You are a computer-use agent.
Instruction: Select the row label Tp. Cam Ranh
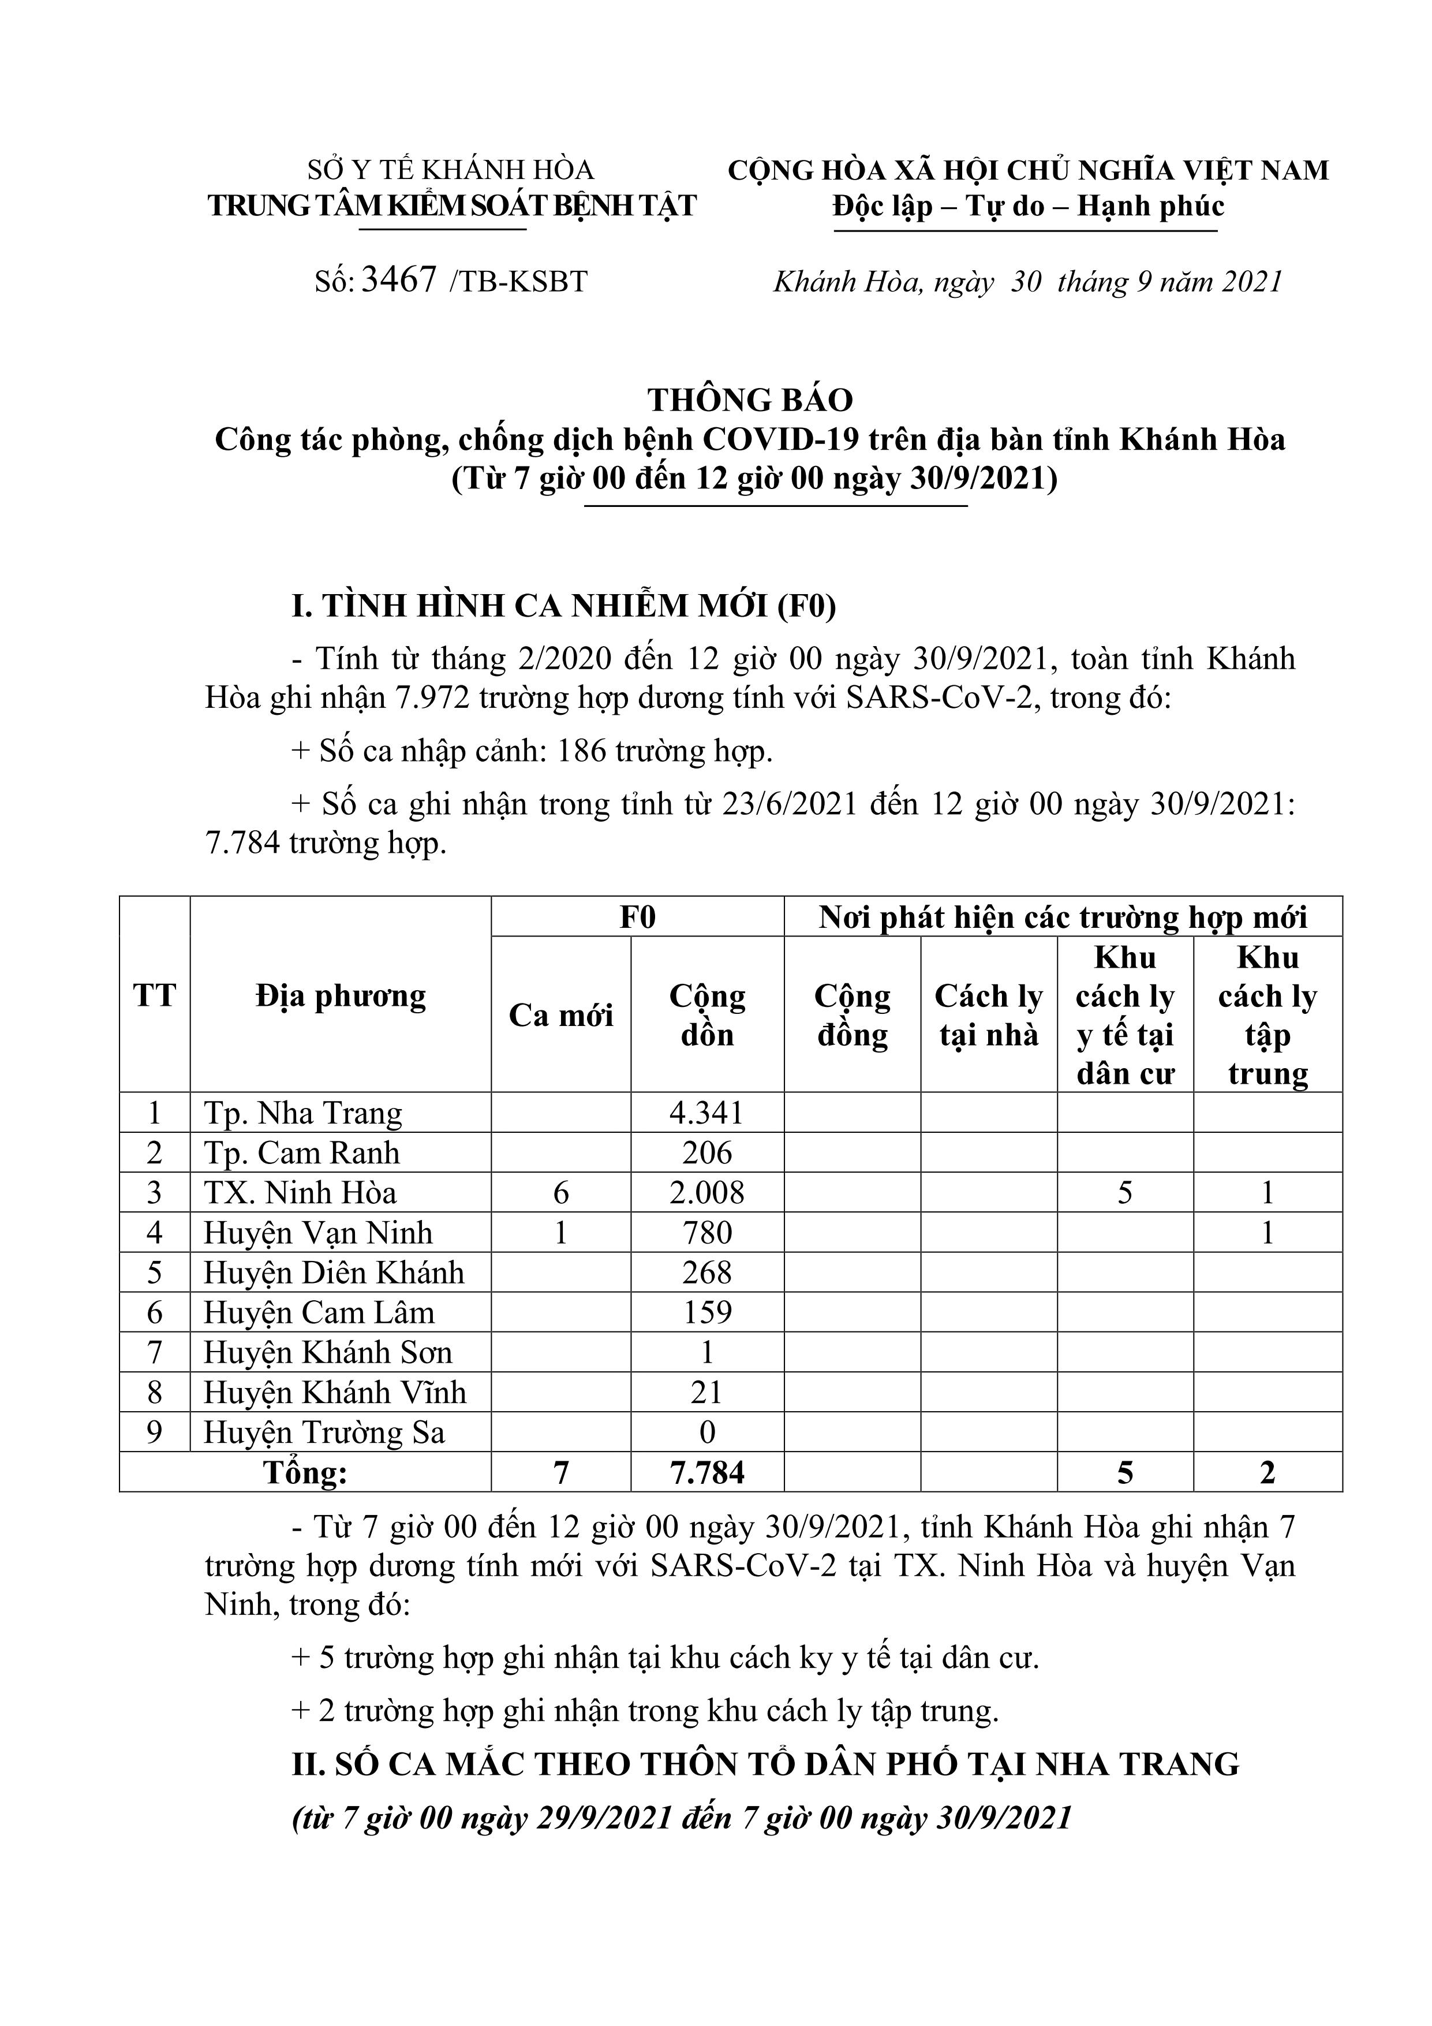point(302,1152)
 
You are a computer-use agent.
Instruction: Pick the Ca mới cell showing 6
point(561,1193)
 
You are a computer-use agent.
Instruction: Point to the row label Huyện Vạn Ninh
point(319,1233)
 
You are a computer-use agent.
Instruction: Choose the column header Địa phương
point(341,996)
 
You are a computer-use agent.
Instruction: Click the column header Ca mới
point(561,1015)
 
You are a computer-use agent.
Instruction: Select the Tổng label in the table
point(305,1473)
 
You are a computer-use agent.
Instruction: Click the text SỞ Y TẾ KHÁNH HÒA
point(451,169)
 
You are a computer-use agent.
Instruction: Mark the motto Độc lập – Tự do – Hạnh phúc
point(1028,207)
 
